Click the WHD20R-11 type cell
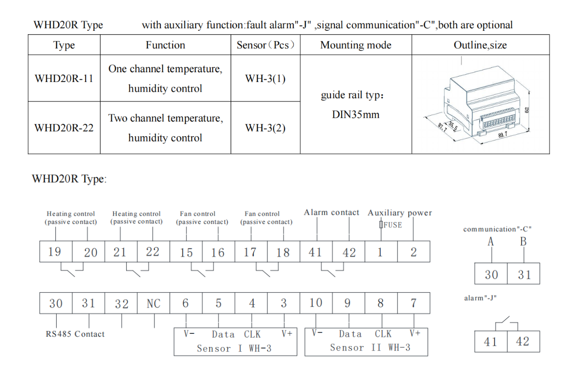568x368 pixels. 64,79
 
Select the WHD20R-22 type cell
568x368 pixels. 64,128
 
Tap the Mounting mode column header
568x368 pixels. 355,45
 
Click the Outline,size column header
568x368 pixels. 480,45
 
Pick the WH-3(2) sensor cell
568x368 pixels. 265,128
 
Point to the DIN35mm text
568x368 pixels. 355,115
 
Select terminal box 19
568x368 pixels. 55,252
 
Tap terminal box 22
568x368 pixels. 153,252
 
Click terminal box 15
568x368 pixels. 186,252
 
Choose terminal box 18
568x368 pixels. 283,252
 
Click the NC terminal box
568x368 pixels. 153,304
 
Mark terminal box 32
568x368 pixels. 121,304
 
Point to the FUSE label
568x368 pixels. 392,225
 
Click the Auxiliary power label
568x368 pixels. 399,213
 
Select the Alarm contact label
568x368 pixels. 331,213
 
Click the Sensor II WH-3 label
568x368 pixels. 370,348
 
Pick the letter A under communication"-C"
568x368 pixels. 491,242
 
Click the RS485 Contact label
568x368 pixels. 75,334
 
